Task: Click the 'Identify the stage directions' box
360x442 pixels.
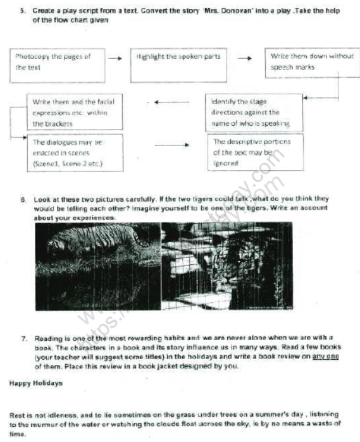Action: [x=254, y=113]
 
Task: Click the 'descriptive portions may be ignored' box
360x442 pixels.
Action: [x=254, y=152]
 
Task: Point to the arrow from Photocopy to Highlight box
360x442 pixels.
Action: [x=115, y=58]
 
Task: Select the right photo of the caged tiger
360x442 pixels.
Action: [x=226, y=266]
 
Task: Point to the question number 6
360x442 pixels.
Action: [x=23, y=199]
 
